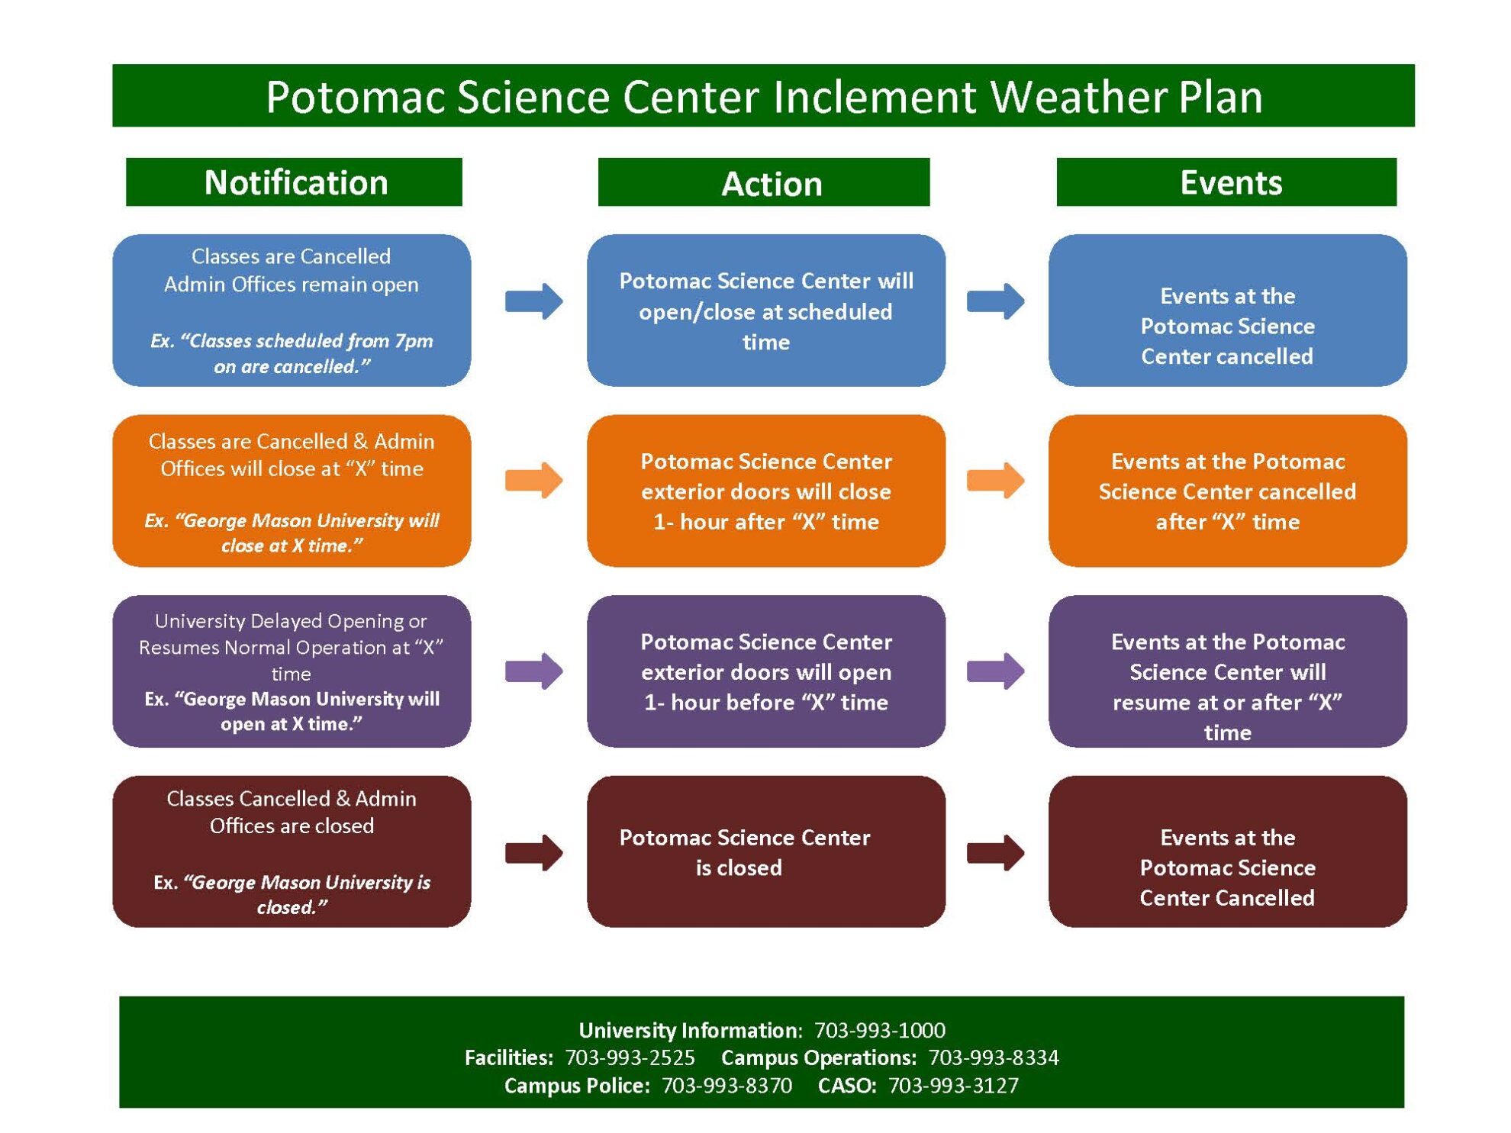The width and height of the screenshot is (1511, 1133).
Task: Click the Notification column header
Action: pyautogui.click(x=295, y=182)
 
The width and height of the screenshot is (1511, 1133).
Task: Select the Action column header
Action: pyautogui.click(x=771, y=184)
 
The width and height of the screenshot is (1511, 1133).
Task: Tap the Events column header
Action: pyautogui.click(x=1230, y=182)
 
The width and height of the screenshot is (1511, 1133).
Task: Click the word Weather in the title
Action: pyautogui.click(x=1078, y=97)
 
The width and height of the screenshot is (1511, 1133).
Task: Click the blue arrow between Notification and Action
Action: pyautogui.click(x=533, y=301)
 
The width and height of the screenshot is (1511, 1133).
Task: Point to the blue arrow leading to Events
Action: pyautogui.click(x=995, y=301)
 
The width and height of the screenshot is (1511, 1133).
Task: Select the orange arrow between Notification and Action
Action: pyautogui.click(x=533, y=481)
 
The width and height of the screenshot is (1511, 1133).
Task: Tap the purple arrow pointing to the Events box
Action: pyautogui.click(x=995, y=671)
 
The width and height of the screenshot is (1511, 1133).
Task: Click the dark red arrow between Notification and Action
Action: pyautogui.click(x=533, y=852)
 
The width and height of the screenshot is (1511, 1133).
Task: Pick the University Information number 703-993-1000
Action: pyautogui.click(x=879, y=1031)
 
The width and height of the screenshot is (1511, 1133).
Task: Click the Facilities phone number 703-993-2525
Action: pyautogui.click(x=630, y=1058)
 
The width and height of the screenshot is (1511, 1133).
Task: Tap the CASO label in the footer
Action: pyautogui.click(x=846, y=1086)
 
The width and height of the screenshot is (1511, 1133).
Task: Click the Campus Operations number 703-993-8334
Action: pyautogui.click(x=994, y=1058)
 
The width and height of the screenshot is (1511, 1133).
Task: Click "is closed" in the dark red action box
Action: pyautogui.click(x=738, y=868)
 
